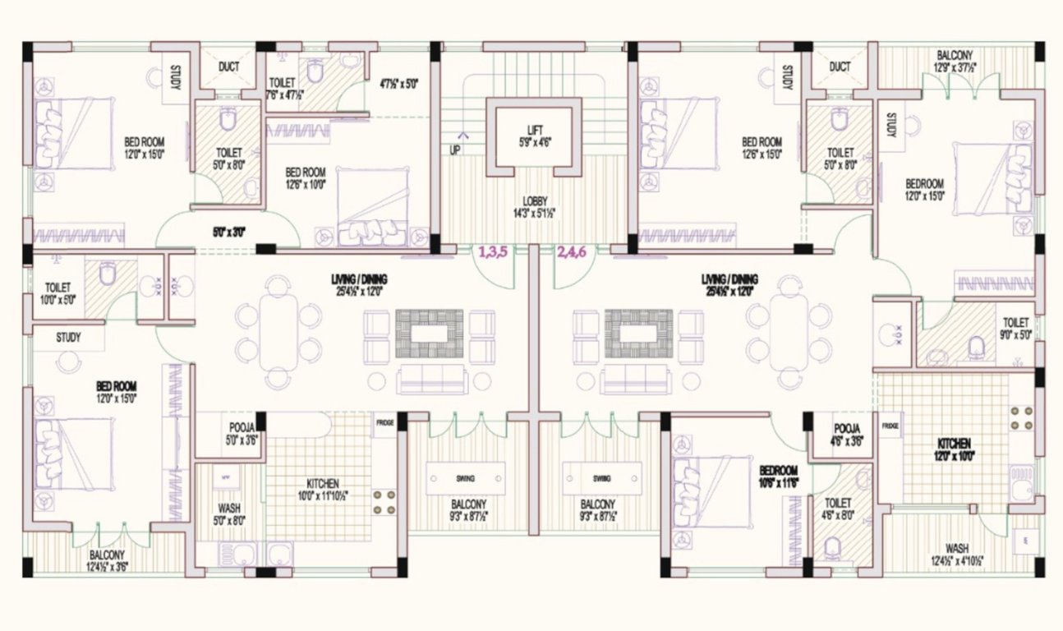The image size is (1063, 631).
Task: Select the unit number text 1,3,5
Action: (493, 253)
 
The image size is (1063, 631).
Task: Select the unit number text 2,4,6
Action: (572, 253)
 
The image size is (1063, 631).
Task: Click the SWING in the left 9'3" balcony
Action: (465, 477)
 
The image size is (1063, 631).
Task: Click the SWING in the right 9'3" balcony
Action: (601, 477)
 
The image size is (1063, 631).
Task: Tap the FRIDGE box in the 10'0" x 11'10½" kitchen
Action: (385, 422)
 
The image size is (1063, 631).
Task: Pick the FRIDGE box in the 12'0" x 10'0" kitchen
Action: (890, 427)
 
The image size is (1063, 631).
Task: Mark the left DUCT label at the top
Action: (229, 67)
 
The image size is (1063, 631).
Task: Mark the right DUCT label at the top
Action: (840, 67)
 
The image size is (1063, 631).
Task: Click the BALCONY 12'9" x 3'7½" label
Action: (955, 62)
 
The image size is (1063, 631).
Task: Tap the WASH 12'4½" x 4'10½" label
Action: (956, 554)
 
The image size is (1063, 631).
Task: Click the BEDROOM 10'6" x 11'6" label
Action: (779, 477)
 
